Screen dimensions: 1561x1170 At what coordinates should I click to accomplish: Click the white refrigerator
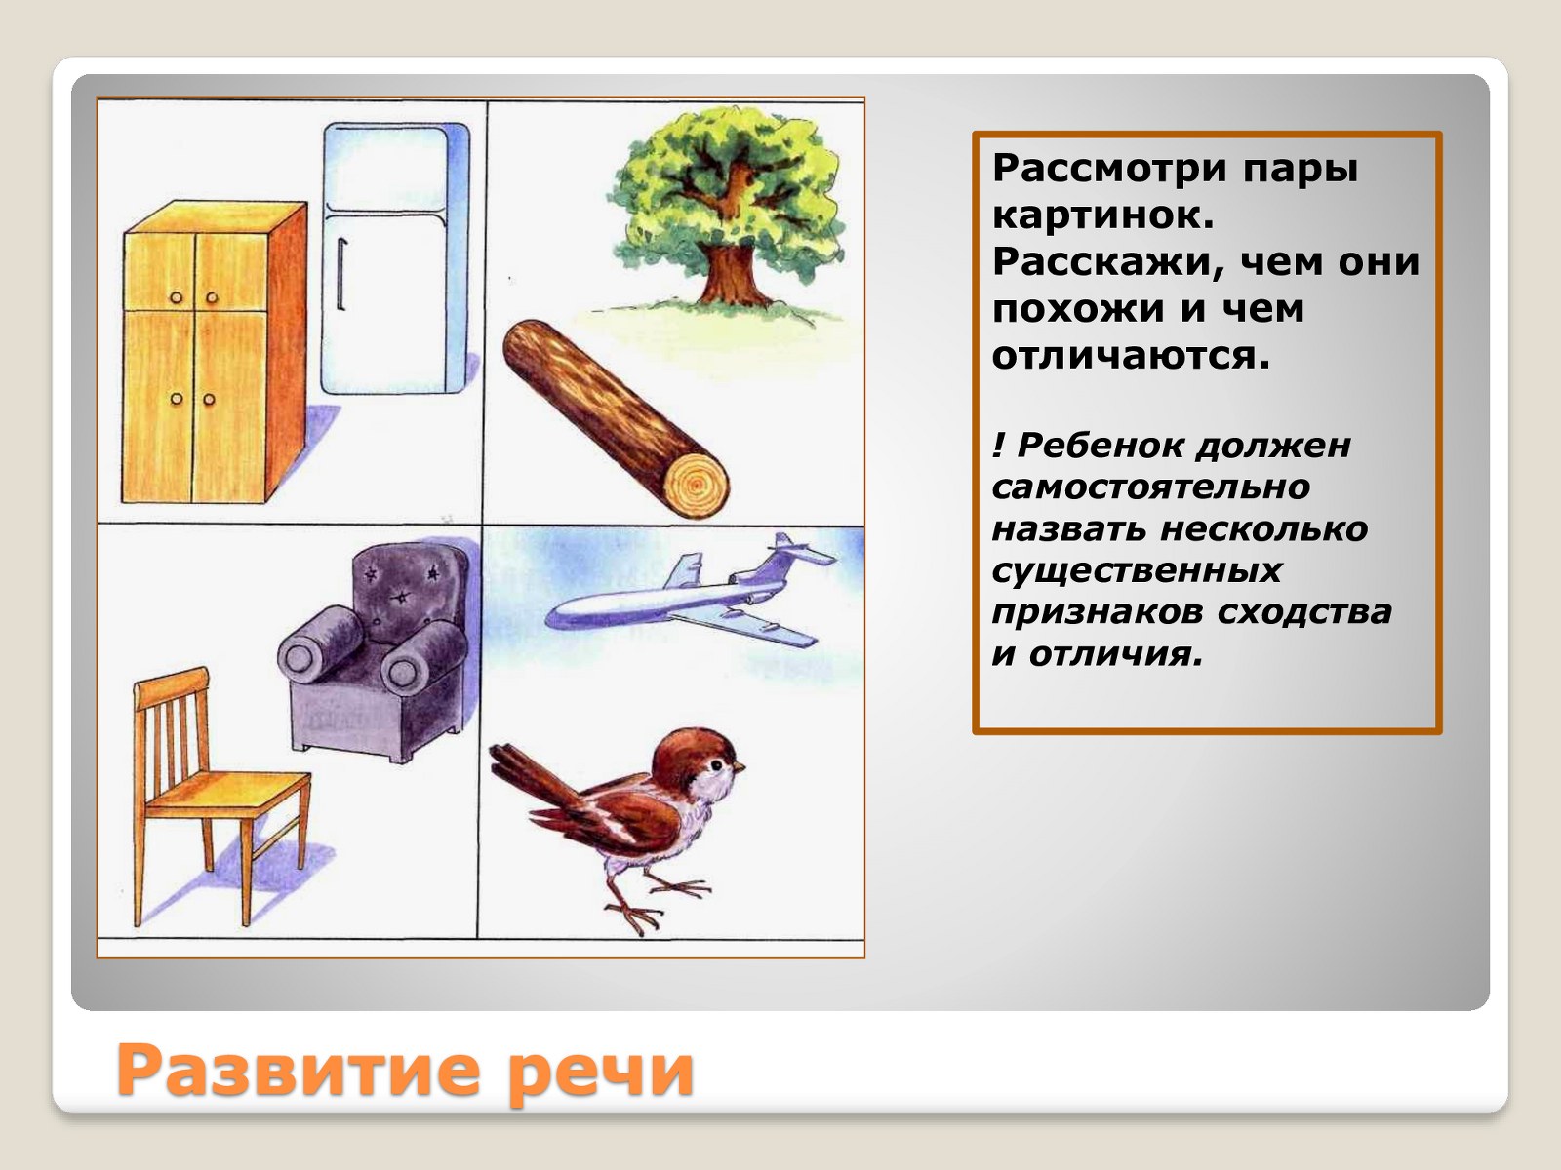pos(395,258)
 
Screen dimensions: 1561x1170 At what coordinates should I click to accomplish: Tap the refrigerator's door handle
pos(341,275)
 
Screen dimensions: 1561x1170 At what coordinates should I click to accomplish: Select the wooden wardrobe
pos(215,352)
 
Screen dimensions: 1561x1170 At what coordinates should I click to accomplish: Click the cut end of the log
pos(697,485)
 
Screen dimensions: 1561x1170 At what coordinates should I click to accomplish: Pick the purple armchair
pos(376,650)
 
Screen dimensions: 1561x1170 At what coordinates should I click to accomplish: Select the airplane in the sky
pos(690,593)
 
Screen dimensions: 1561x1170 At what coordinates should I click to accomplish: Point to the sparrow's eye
pos(716,764)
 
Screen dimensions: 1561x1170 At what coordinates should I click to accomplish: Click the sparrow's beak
pos(740,767)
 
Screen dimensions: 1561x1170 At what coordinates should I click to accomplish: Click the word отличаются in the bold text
pos(1131,355)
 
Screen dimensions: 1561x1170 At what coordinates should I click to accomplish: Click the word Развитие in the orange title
pos(299,1071)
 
